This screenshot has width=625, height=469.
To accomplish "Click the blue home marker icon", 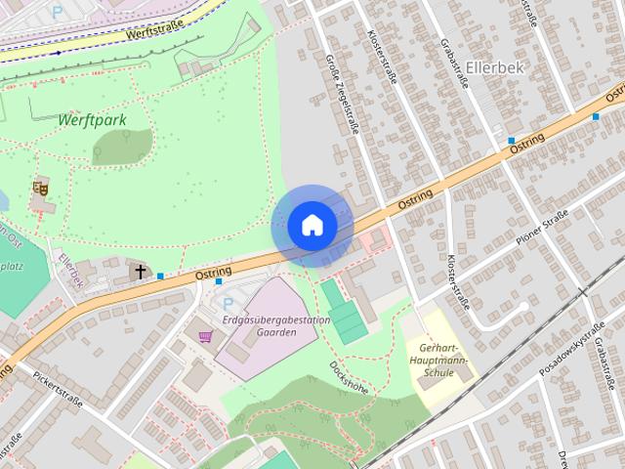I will pos(312,226).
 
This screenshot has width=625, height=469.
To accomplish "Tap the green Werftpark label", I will pos(92,120).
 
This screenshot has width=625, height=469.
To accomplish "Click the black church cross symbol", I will pos(141,271).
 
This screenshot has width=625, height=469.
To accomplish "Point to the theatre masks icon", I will pos(40,186).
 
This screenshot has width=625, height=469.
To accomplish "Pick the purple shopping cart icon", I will pos(204,337).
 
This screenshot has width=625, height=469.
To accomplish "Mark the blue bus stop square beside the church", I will pos(160,277).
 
